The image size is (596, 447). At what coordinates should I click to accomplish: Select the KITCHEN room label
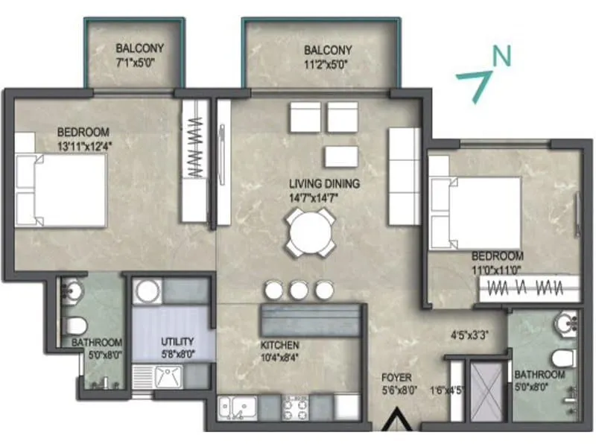[x=280, y=346]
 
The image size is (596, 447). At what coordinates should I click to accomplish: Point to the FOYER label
[x=396, y=377]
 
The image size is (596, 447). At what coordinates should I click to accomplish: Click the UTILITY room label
[x=178, y=342]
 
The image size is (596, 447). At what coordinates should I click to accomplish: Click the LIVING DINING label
[x=325, y=183]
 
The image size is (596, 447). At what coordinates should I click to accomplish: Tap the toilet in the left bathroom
[x=76, y=326]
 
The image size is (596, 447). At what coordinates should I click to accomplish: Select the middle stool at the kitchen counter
[x=299, y=289]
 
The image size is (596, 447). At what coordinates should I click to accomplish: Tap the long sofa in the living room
[x=405, y=176]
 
